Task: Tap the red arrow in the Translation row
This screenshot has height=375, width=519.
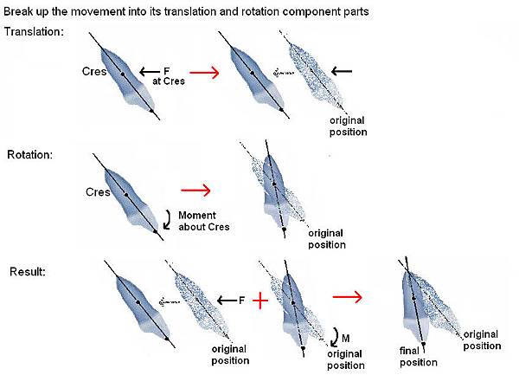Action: pos(204,74)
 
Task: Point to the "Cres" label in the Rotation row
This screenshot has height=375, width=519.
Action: pos(97,191)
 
